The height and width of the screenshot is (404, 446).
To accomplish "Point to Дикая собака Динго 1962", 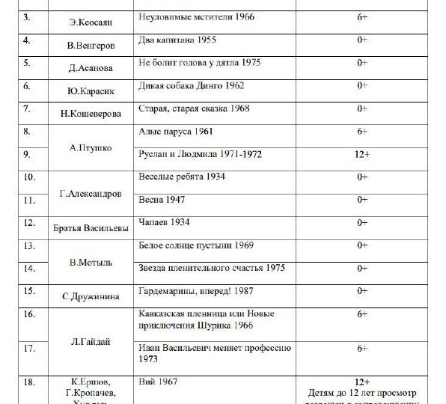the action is (192, 86).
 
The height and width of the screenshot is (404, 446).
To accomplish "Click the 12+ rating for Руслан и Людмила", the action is (362, 155).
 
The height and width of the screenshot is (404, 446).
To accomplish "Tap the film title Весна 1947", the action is (162, 201).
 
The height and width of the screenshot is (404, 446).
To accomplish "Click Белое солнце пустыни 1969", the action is (197, 245).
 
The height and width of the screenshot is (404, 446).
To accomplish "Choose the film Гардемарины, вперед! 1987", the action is (201, 291).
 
